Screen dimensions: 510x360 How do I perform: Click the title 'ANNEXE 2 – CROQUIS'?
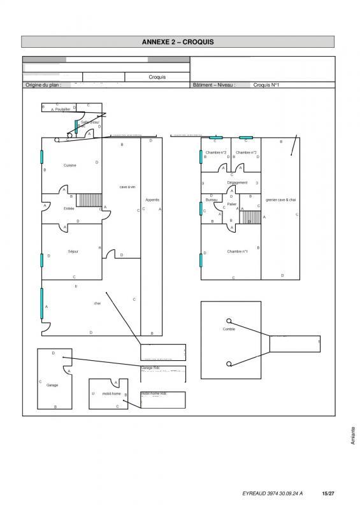coord(178,41)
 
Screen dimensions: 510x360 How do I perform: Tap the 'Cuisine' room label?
coord(70,165)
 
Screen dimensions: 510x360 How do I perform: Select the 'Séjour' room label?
coord(73,251)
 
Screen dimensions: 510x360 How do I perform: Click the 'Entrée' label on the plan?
coord(69,208)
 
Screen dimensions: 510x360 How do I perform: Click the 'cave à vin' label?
coord(127,187)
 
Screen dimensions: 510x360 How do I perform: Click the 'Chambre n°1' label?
coord(237,251)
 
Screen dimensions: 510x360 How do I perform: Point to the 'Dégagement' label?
coord(237,183)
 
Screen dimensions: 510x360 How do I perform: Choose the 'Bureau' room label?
coord(212,200)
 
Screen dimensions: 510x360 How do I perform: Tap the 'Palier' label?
coord(232,204)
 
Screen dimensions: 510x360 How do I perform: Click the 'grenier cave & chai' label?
coord(281,200)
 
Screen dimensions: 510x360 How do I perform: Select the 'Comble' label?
coord(229,329)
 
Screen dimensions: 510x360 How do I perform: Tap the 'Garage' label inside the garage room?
coord(52,385)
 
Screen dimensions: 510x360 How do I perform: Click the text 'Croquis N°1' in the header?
coord(266,84)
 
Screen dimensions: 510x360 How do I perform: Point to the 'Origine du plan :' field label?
coord(43,84)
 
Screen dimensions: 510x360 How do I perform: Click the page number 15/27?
coord(328,493)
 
